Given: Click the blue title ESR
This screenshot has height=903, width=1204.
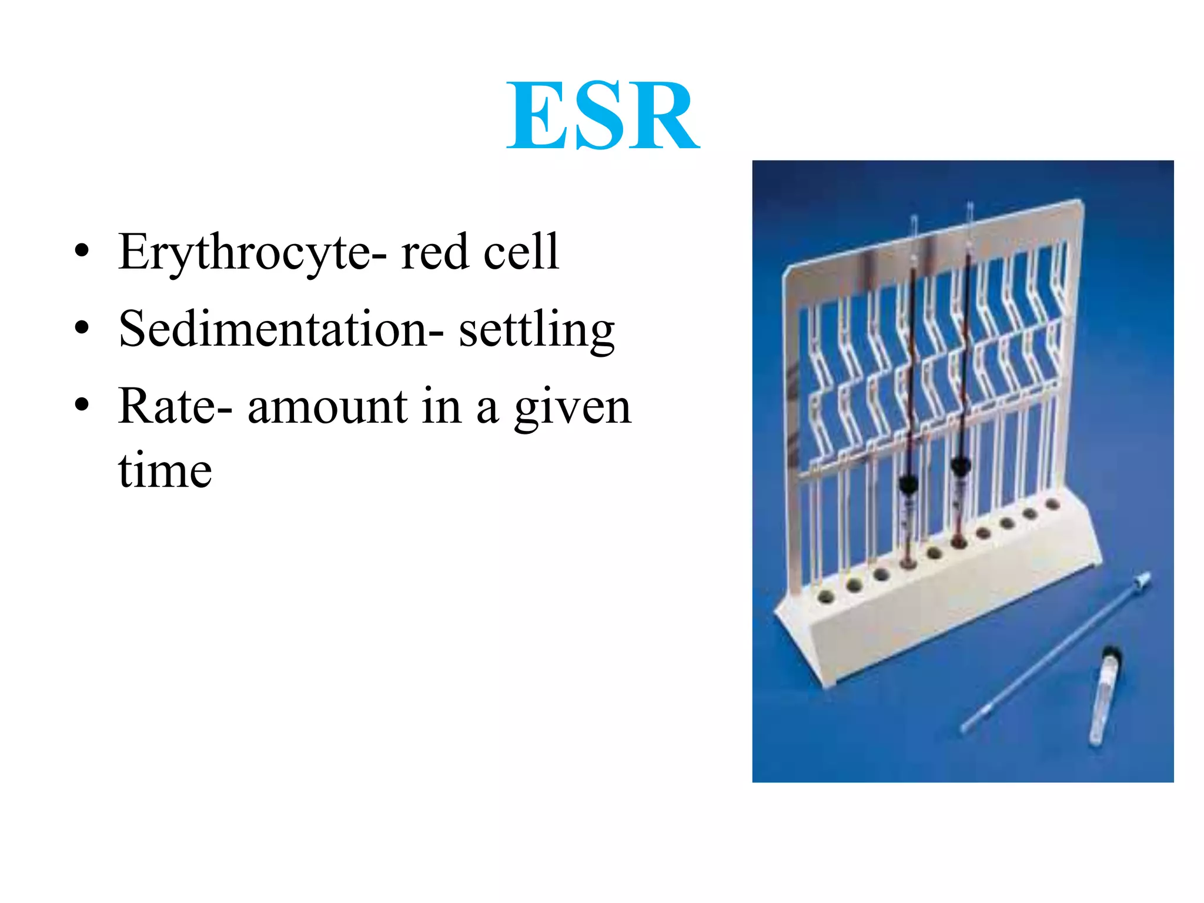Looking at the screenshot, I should click(x=603, y=116).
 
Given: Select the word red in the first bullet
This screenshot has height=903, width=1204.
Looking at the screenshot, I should click(x=434, y=253).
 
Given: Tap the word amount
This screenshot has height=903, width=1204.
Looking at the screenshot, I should click(x=327, y=407).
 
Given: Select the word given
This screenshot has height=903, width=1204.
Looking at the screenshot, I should click(x=573, y=409).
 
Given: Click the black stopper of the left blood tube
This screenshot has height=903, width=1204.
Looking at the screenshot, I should click(x=908, y=485).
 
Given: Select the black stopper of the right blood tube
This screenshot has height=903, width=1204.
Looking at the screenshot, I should click(x=961, y=468).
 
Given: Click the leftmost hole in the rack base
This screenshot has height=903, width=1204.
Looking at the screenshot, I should click(x=826, y=597).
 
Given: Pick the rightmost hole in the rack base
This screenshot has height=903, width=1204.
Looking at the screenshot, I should click(x=1052, y=504).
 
